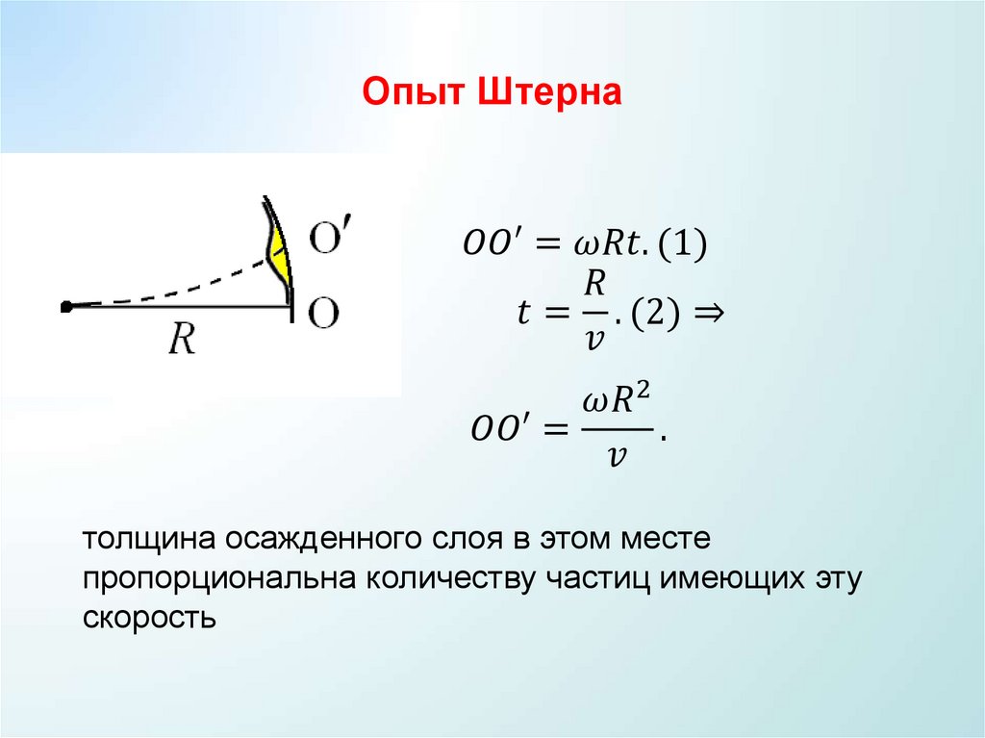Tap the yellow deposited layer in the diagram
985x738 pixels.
[278, 253]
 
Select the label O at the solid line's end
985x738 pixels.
[324, 314]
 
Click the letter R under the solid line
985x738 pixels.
[181, 339]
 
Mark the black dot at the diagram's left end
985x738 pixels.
[65, 307]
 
